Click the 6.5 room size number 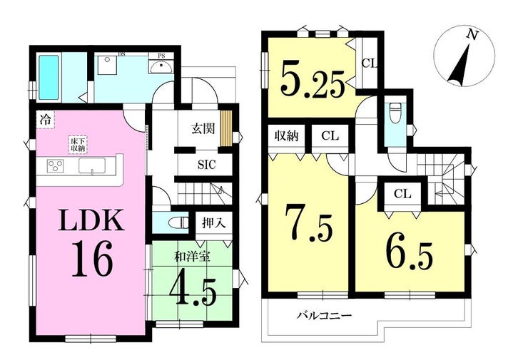(410, 248)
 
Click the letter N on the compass (469, 34)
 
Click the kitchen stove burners (56, 166)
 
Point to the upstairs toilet (395, 115)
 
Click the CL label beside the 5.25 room (369, 63)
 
